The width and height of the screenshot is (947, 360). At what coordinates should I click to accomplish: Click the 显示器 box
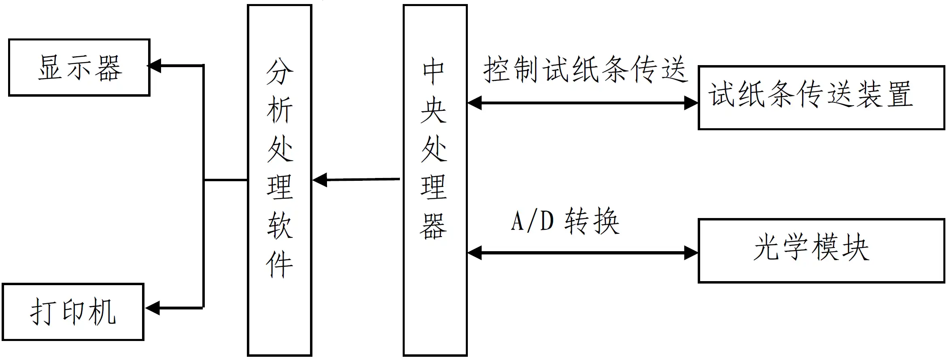point(79,68)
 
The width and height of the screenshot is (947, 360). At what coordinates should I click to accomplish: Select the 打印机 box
point(73,312)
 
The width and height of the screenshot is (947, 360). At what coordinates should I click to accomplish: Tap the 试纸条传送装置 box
point(822,97)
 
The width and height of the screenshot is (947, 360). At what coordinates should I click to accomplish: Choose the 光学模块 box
point(822,251)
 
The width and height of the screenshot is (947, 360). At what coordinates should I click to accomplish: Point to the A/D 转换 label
point(565,221)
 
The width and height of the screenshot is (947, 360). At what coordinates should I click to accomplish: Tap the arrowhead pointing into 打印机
point(153,308)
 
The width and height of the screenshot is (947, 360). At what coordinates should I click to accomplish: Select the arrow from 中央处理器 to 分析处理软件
point(356,180)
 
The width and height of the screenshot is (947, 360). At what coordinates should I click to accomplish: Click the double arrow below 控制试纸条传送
point(583,103)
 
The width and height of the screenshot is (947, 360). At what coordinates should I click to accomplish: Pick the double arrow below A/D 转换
point(583,253)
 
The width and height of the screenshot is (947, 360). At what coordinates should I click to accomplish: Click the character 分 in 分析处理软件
point(279,72)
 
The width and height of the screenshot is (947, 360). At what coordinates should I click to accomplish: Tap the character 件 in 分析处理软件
point(279,264)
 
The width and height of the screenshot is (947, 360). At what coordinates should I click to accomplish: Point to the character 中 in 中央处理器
point(434,72)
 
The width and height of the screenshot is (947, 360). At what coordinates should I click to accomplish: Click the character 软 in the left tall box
point(279,226)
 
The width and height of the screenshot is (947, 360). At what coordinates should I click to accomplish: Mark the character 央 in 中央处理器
point(434,110)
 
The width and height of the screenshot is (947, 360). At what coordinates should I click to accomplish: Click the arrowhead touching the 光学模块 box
point(691,253)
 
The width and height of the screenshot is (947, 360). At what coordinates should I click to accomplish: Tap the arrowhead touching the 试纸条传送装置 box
point(691,103)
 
